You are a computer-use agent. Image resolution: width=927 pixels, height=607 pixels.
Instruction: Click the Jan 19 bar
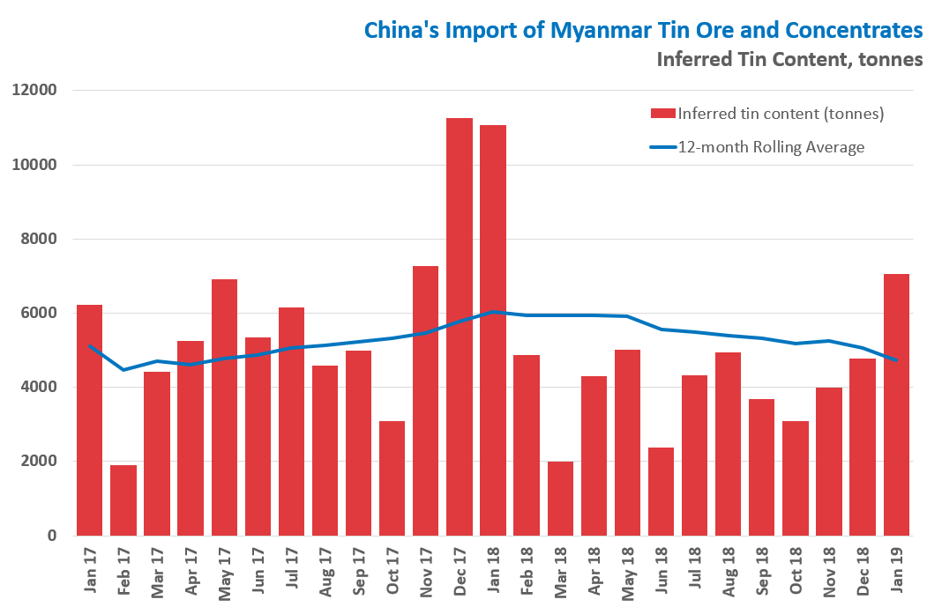pos(896,404)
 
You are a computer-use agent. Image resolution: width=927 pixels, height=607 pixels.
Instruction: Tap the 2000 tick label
pos(38,462)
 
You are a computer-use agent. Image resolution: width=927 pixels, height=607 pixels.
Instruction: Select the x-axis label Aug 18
pos(729,572)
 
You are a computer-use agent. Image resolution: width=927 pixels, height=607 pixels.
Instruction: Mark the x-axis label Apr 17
pos(191,572)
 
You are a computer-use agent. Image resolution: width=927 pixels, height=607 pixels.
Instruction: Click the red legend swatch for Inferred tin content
pos(662,113)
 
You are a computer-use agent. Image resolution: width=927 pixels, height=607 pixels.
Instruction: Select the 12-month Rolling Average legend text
pos(772,147)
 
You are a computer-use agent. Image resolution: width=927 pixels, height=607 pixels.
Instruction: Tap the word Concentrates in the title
pos(848,30)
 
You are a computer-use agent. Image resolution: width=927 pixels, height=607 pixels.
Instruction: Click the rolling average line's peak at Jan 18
pos(494,311)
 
